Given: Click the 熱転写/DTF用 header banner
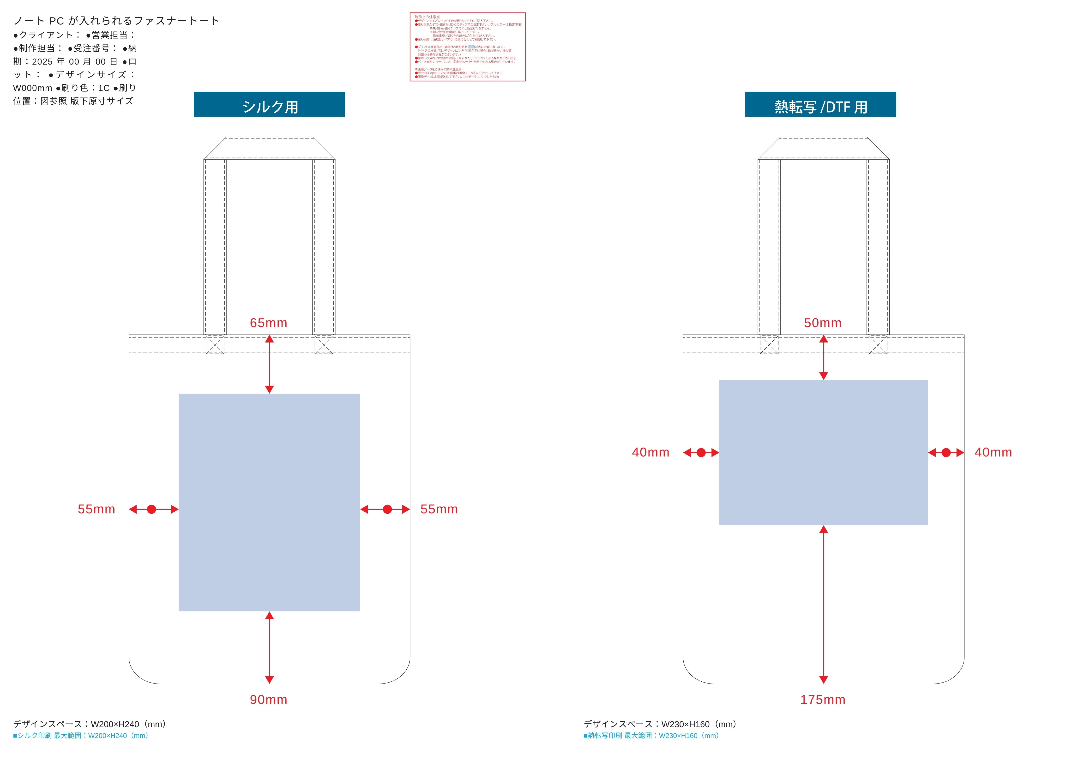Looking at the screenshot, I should click(x=820, y=104).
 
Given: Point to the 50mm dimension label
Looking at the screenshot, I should click(x=823, y=323).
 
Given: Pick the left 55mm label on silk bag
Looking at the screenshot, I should click(x=96, y=510).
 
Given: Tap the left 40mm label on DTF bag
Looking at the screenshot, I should click(x=650, y=453).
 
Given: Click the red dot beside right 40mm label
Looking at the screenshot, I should click(x=946, y=453).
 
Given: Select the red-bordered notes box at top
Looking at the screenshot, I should click(x=468, y=47).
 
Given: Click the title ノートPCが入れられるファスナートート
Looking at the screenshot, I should click(x=116, y=21).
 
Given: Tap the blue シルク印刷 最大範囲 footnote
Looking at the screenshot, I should click(x=81, y=736).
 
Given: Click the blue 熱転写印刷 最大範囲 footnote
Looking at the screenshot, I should click(x=651, y=736).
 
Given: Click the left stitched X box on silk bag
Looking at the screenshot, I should click(x=215, y=345).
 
